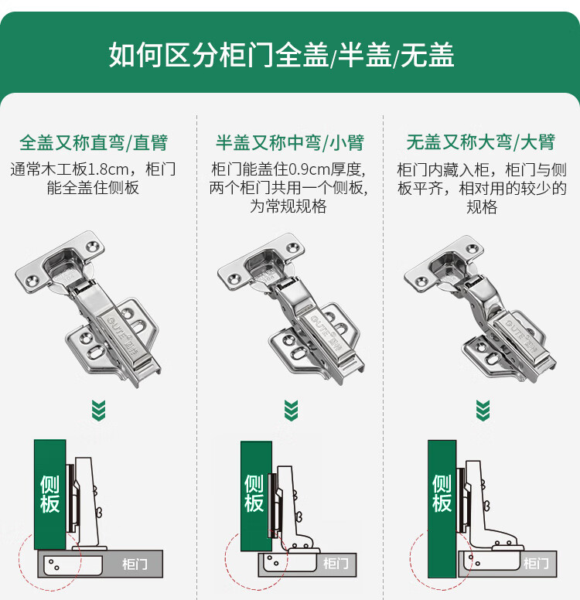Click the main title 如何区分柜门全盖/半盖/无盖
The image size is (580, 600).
(x=281, y=55)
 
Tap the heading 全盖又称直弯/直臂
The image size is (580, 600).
(x=94, y=143)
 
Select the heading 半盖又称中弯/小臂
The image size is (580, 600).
(x=290, y=143)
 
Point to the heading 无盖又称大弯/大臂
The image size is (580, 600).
(x=481, y=142)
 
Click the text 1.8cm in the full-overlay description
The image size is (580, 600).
(x=108, y=169)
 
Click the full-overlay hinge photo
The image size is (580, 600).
(x=89, y=309)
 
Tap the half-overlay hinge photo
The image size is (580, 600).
(x=291, y=309)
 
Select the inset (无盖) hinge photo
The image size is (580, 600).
(x=480, y=309)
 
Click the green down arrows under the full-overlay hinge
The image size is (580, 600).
(x=99, y=411)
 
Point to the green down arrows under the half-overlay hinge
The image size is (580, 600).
(x=292, y=411)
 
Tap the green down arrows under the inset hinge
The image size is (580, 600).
(x=483, y=411)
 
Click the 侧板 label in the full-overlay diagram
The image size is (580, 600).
(x=49, y=494)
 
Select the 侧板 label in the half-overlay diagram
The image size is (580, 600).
(x=254, y=493)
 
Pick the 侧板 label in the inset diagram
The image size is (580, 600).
(x=442, y=493)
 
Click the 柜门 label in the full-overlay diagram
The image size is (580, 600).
(x=135, y=564)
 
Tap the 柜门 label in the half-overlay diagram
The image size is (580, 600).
(x=336, y=563)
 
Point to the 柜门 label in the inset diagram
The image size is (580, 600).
(x=537, y=563)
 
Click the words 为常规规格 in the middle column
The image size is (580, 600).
(x=288, y=206)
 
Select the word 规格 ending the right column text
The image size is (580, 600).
(x=482, y=207)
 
